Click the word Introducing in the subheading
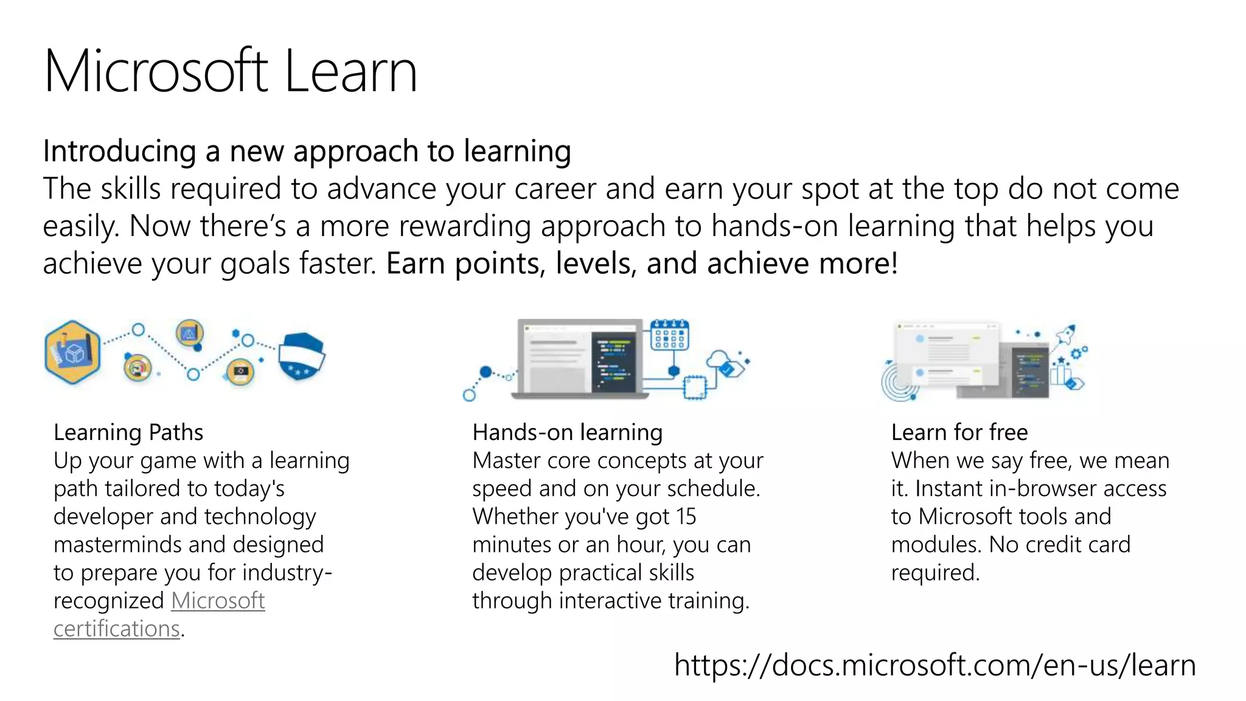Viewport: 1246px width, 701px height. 119,151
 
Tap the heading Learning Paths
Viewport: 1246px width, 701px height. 128,432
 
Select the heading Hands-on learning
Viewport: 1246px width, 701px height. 567,432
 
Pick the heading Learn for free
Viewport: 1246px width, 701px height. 959,432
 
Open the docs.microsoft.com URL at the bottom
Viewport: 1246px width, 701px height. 934,664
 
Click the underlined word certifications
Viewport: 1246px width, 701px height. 116,629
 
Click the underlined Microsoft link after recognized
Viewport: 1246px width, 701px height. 218,601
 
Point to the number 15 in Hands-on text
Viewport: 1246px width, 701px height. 686,517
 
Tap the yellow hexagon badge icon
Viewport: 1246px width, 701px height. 72,352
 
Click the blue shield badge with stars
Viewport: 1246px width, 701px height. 301,357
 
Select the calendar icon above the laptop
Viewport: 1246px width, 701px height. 669,335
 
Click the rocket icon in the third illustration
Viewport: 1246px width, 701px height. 1065,334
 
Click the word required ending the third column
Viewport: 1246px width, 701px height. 934,573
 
